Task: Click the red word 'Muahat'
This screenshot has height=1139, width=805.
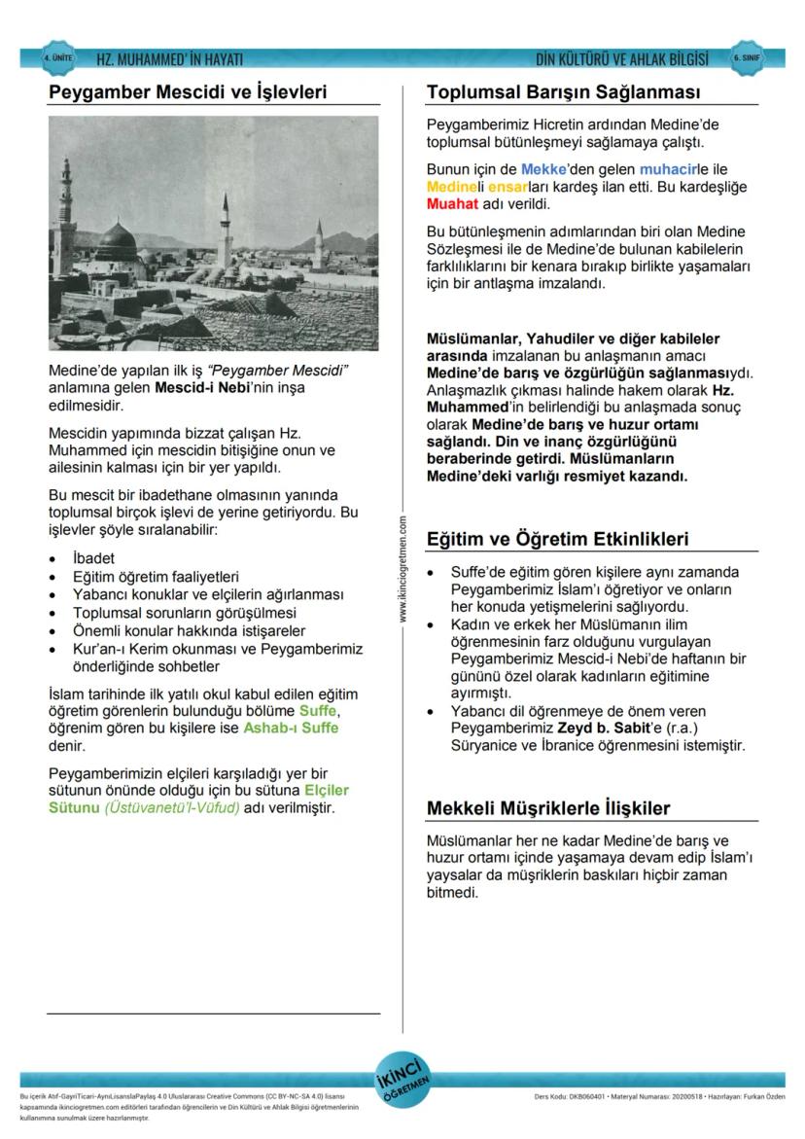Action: [451, 205]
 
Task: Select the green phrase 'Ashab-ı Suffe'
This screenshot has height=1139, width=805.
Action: [291, 728]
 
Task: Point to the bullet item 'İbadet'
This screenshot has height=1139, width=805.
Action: [93, 559]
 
